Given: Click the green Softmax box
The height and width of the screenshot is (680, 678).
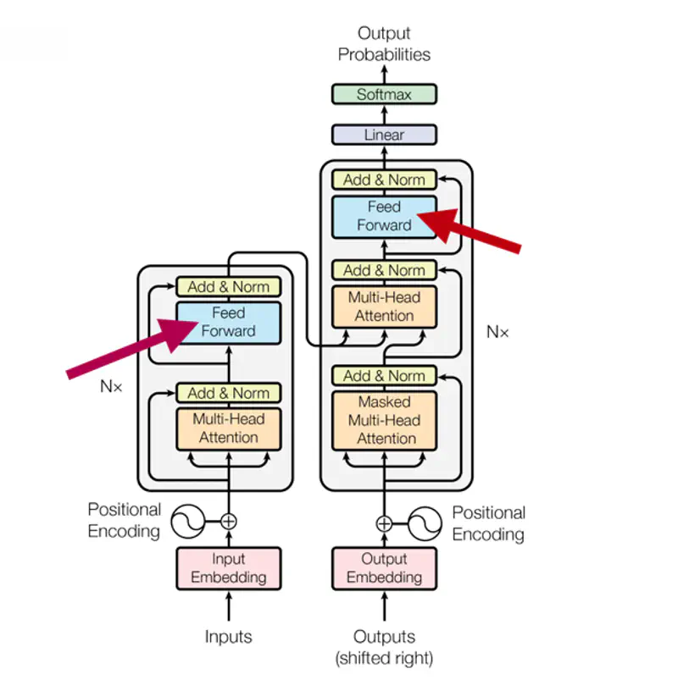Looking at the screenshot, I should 384,94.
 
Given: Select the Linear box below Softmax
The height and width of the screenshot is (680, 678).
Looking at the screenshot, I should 384,135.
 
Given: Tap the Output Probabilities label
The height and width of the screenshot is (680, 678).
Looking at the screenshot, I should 384,44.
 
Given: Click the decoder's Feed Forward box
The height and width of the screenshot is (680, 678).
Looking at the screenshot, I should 384,216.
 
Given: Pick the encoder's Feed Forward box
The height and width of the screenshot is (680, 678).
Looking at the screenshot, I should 228,322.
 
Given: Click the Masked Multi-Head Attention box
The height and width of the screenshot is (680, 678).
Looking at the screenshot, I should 384,420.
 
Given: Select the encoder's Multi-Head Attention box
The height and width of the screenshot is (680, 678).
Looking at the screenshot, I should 228,428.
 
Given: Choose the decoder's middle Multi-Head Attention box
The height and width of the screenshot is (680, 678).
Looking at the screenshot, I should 384,306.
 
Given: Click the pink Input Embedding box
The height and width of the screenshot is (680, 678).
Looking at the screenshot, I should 228,568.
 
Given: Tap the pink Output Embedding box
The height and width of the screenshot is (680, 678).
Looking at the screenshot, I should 384,568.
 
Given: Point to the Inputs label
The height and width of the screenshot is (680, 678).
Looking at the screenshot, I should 228,636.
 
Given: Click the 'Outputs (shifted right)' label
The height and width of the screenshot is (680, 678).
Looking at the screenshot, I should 384,646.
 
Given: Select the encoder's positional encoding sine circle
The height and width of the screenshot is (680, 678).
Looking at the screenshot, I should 187,522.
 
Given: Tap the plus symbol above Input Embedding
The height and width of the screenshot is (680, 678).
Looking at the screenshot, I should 228,522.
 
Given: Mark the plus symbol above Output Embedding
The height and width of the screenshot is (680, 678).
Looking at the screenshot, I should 384,523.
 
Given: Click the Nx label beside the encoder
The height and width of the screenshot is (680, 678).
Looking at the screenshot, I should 111,386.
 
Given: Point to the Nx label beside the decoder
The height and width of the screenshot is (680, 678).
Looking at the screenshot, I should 497,332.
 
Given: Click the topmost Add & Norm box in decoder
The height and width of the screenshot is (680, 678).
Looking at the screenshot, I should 384,180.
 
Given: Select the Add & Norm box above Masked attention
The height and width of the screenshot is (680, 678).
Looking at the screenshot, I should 384,375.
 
